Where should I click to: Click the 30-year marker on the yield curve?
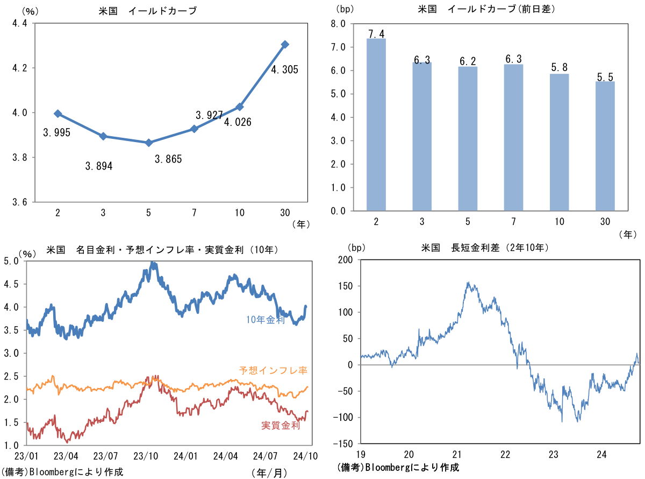pyautogui.click(x=285, y=44)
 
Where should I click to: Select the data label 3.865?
pyautogui.click(x=168, y=159)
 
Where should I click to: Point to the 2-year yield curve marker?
pyautogui.click(x=58, y=114)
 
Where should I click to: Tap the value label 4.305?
pyautogui.click(x=284, y=69)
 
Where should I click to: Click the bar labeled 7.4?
pyautogui.click(x=376, y=124)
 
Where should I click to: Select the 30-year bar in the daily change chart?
pyautogui.click(x=605, y=146)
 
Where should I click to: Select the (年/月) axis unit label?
pyautogui.click(x=269, y=473)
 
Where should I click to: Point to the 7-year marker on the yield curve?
pyautogui.click(x=194, y=129)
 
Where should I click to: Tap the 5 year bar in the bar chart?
pyautogui.click(x=468, y=138)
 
